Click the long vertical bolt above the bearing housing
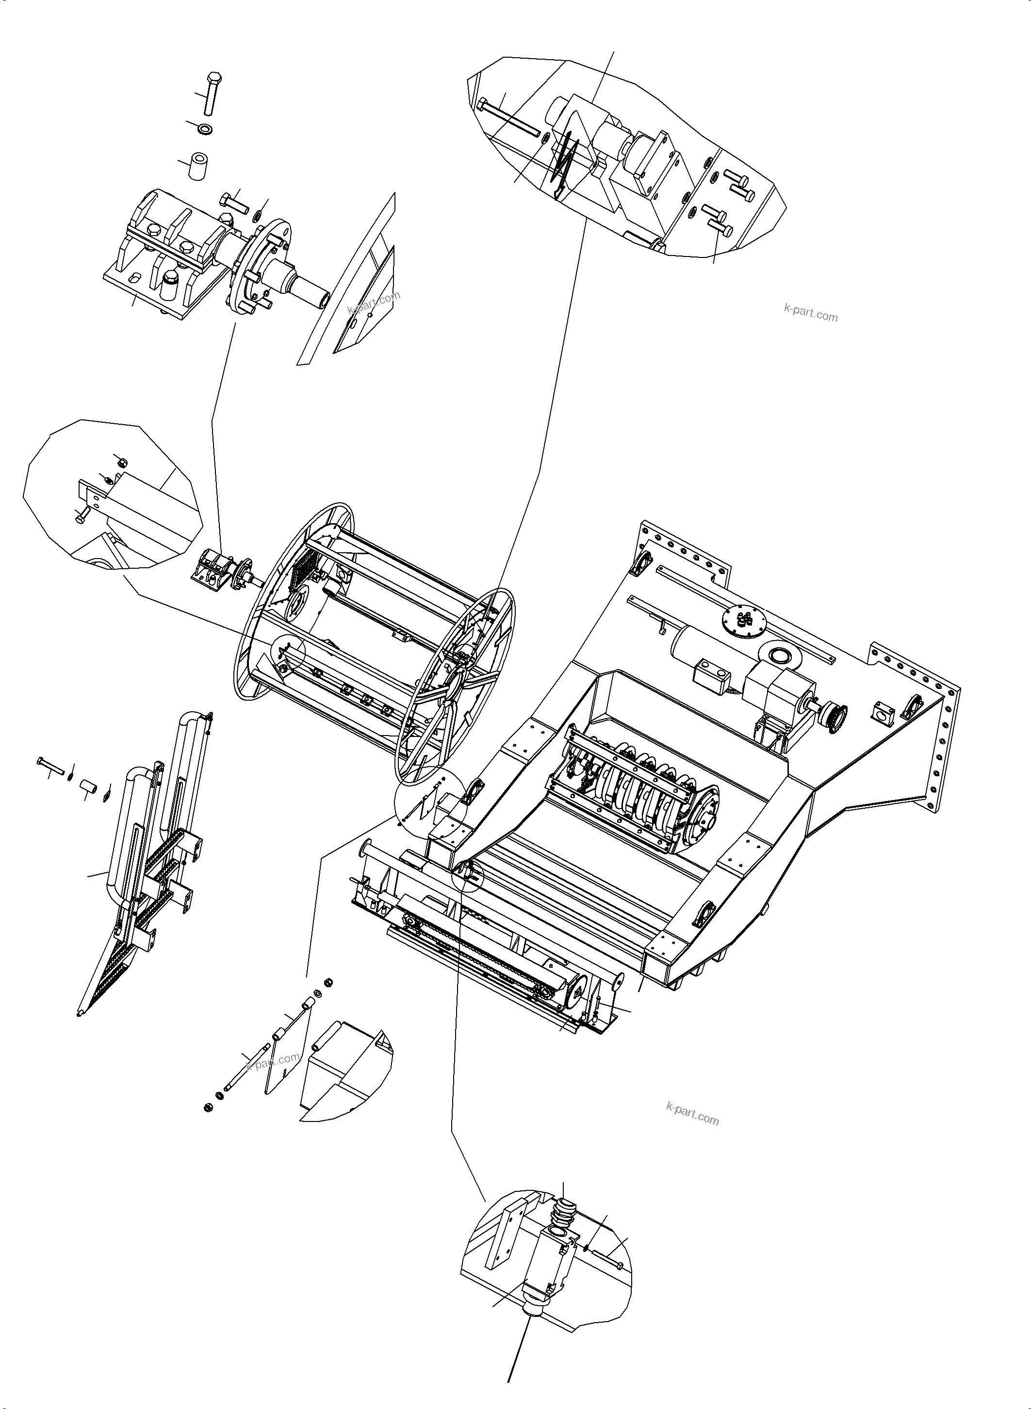211,94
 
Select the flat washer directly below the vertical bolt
205,129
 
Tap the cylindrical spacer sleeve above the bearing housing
198,165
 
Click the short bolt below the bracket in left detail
81,516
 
